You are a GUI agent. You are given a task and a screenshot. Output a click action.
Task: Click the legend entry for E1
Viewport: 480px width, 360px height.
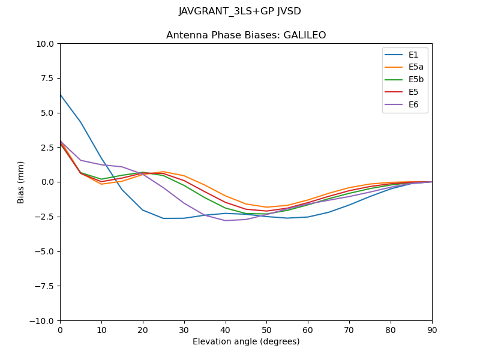point(413,55)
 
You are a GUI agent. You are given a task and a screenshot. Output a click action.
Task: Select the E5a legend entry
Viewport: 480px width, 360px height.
point(416,67)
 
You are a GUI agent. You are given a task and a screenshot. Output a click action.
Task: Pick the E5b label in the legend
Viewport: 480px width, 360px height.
point(416,80)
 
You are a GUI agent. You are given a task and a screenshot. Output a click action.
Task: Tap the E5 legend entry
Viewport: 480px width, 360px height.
point(413,92)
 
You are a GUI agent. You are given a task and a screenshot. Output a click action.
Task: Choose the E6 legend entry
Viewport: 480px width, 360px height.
point(413,105)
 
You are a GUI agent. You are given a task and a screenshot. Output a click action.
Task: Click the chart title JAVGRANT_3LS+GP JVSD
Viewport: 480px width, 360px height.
point(240,11)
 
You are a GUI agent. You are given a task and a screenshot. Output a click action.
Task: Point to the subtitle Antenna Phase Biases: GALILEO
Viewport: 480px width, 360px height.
point(246,35)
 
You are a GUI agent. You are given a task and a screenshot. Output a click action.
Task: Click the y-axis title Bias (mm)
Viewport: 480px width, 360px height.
point(21,182)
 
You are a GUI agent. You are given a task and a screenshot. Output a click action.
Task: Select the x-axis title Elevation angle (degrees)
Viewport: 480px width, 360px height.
point(246,342)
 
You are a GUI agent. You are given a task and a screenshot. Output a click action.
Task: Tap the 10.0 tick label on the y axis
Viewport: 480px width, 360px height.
point(46,44)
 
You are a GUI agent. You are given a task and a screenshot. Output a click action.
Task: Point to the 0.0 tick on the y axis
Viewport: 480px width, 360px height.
point(47,182)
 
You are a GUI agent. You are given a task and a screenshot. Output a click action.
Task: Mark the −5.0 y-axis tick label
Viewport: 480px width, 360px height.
point(43,251)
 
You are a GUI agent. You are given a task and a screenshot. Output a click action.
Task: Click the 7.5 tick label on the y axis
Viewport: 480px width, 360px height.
point(47,78)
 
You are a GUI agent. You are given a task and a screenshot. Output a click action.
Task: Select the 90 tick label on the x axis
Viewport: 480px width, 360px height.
point(432,329)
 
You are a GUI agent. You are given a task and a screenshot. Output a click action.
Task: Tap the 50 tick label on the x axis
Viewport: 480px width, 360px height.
point(266,329)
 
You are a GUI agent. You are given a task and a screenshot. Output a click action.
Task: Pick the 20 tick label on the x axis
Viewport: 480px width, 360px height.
point(143,329)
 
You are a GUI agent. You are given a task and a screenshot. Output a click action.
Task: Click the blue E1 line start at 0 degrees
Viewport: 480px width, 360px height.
point(61,94)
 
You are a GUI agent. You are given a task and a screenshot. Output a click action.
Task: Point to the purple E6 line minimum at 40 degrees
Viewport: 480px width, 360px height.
point(226,220)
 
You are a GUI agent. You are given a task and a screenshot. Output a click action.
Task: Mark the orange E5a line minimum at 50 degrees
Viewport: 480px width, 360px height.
point(266,207)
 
